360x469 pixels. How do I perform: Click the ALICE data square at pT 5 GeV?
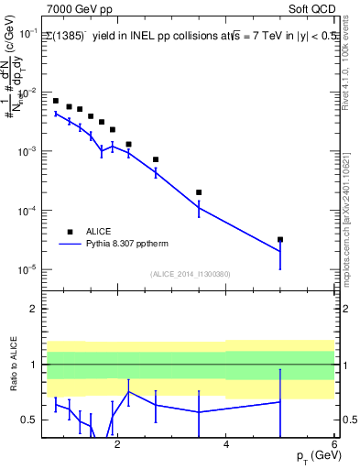[x=280, y=239]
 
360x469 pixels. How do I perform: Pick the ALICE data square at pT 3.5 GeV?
[x=199, y=192]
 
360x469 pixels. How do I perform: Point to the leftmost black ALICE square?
[x=56, y=101]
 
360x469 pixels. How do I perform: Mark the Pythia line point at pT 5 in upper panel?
[x=280, y=251]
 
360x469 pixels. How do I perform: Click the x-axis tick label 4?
[x=226, y=446]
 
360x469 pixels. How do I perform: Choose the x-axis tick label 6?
[x=334, y=446]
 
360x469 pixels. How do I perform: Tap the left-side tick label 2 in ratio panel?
[x=33, y=309]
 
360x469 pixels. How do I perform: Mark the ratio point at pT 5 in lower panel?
[x=280, y=402]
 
